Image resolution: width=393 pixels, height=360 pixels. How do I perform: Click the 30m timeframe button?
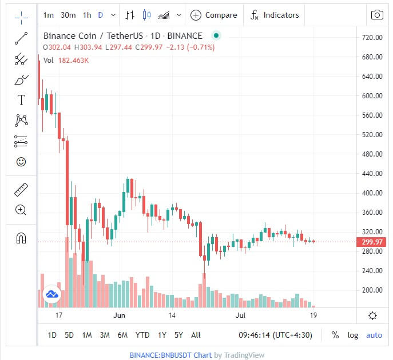pyautogui.click(x=68, y=15)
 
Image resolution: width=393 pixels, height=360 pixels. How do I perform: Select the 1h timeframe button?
pyautogui.click(x=87, y=15)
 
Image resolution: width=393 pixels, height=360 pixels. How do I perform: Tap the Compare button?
pyautogui.click(x=213, y=15)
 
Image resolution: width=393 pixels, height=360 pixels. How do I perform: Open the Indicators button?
pyautogui.click(x=275, y=15)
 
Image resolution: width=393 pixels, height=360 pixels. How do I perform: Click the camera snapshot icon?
pyautogui.click(x=377, y=15)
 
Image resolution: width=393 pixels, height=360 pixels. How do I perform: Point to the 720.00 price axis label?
pyautogui.click(x=372, y=38)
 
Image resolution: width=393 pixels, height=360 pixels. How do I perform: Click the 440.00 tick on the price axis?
pyautogui.click(x=372, y=174)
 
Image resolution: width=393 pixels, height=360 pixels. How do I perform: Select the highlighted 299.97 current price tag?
pyautogui.click(x=372, y=242)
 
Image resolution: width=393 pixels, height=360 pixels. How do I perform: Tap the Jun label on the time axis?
pyautogui.click(x=119, y=315)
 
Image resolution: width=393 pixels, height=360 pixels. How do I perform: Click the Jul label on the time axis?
pyautogui.click(x=240, y=315)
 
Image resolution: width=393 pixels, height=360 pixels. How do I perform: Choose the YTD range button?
pyautogui.click(x=142, y=335)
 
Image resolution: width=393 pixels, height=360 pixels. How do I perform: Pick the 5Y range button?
pyautogui.click(x=178, y=335)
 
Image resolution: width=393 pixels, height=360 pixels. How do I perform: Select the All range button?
pyautogui.click(x=196, y=335)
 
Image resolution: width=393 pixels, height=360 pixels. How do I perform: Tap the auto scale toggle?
pyautogui.click(x=374, y=335)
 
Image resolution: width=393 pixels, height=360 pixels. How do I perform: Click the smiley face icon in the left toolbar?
pyautogui.click(x=21, y=162)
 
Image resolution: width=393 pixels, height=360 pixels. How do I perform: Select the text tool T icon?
pyautogui.click(x=21, y=101)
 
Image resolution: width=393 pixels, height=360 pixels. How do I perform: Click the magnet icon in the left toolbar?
pyautogui.click(x=21, y=238)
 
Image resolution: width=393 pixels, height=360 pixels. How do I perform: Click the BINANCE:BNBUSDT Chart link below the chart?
pyautogui.click(x=170, y=355)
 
